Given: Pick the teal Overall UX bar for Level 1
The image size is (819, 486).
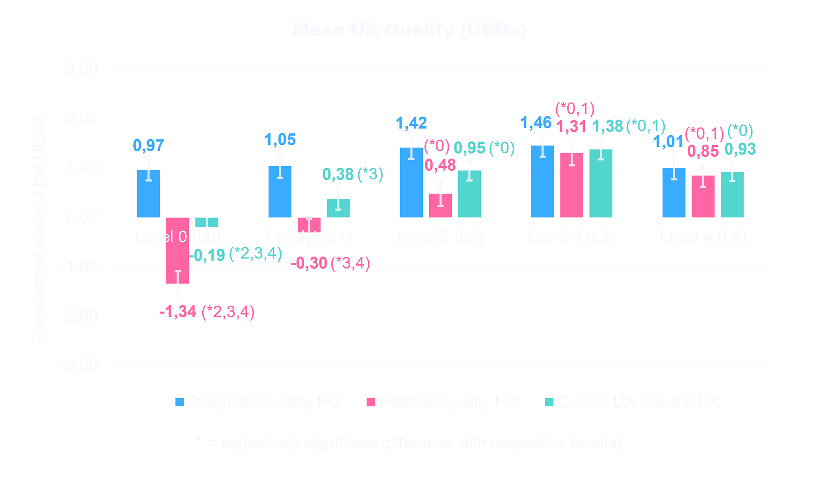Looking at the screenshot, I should [338, 208].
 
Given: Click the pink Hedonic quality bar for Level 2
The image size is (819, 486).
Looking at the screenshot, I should [440, 206].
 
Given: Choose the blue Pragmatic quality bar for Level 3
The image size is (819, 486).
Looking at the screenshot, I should [543, 182].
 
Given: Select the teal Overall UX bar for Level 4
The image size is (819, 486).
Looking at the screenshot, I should [732, 195].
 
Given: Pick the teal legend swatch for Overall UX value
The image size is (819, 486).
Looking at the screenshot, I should [549, 402].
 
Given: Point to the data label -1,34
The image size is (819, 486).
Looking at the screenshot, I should [178, 312].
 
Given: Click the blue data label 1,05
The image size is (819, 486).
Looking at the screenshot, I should [280, 140].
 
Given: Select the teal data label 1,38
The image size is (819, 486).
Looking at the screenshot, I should [607, 126].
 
